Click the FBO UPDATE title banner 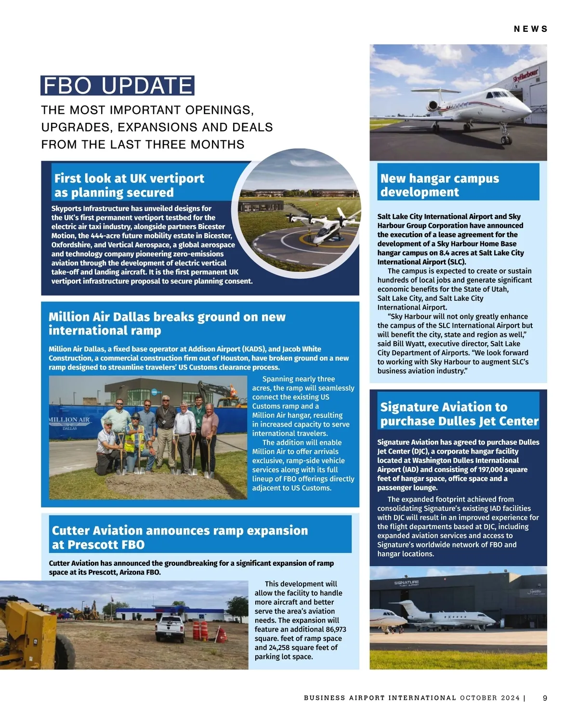click(118, 86)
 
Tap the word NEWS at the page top click(530, 29)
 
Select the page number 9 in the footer click(545, 698)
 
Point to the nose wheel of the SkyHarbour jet click(506, 140)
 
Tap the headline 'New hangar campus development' click(439, 185)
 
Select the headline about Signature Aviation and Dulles click(459, 414)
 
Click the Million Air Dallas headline click(167, 323)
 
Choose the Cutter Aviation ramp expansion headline click(180, 537)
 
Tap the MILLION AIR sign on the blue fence click(70, 420)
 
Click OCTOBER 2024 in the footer click(490, 698)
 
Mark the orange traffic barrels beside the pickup click(200, 630)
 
